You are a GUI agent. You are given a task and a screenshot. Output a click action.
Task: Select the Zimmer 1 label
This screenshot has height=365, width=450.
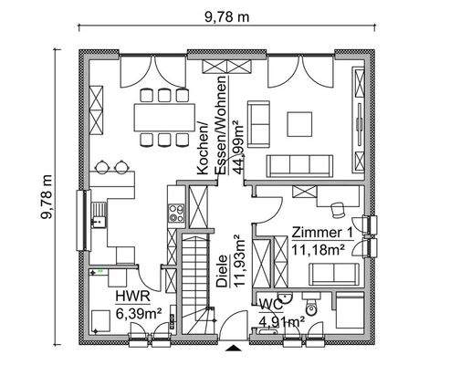click(x=320, y=232)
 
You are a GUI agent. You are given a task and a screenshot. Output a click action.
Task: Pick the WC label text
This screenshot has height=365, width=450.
click(x=269, y=303)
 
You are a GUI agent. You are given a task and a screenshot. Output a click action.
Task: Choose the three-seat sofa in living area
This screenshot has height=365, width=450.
click(x=301, y=164)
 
